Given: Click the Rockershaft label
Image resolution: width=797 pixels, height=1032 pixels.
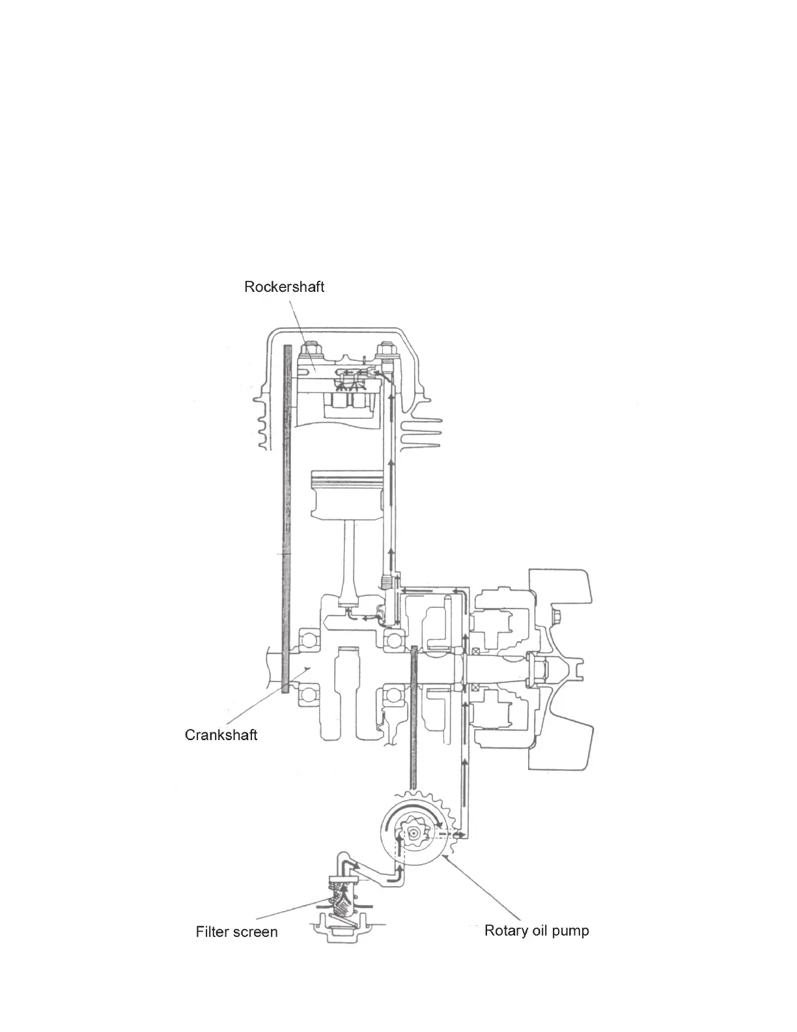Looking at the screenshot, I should pyautogui.click(x=284, y=287).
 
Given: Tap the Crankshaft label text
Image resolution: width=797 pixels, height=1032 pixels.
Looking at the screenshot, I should pyautogui.click(x=221, y=735).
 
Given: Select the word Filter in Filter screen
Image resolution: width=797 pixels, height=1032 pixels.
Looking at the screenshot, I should pyautogui.click(x=212, y=932).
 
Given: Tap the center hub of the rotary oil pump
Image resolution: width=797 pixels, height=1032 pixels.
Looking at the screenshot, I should pyautogui.click(x=413, y=833).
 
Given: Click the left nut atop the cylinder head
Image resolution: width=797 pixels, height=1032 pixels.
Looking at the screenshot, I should pyautogui.click(x=309, y=352).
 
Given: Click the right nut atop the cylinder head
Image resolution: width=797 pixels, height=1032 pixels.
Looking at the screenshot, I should pyautogui.click(x=384, y=352).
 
